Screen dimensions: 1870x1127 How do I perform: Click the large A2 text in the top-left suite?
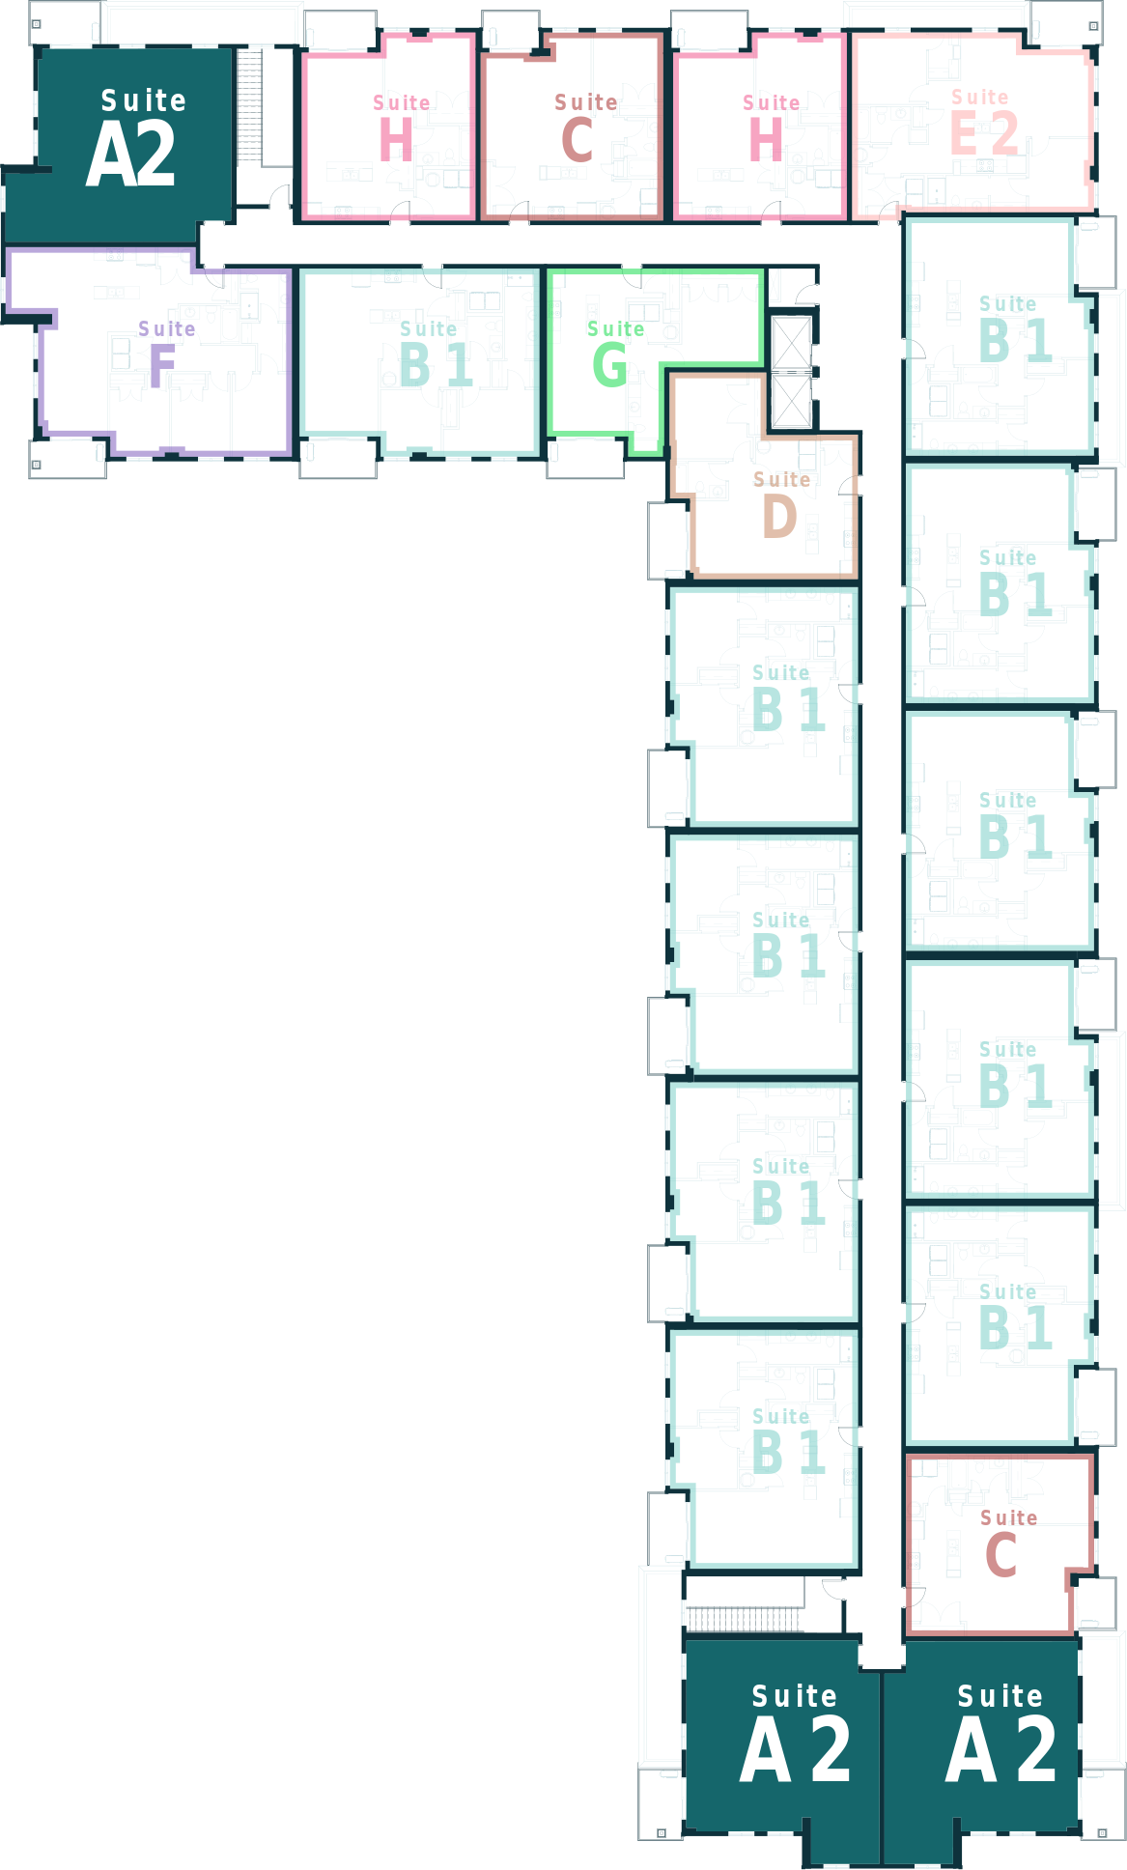coord(131,156)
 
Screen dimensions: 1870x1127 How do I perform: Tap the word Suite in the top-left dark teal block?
coord(144,100)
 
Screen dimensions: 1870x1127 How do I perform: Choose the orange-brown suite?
coord(763,478)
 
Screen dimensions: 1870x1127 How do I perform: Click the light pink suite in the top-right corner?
coord(973,124)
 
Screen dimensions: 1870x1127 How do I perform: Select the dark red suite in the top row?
coord(572,126)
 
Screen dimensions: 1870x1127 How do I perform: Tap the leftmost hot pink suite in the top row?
coord(388,126)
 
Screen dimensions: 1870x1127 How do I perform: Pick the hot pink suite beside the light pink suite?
coord(759,126)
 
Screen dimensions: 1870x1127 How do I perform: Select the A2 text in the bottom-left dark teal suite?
coord(796,1750)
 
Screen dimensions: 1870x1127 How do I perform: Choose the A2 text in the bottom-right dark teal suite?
coord(1000,1750)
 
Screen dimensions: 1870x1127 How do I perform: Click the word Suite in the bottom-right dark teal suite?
coord(1000,1696)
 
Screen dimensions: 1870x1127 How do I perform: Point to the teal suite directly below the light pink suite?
coord(1000,338)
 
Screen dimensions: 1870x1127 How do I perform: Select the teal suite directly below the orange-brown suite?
coord(763,705)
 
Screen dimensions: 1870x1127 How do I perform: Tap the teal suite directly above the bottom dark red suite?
coord(1000,1323)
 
